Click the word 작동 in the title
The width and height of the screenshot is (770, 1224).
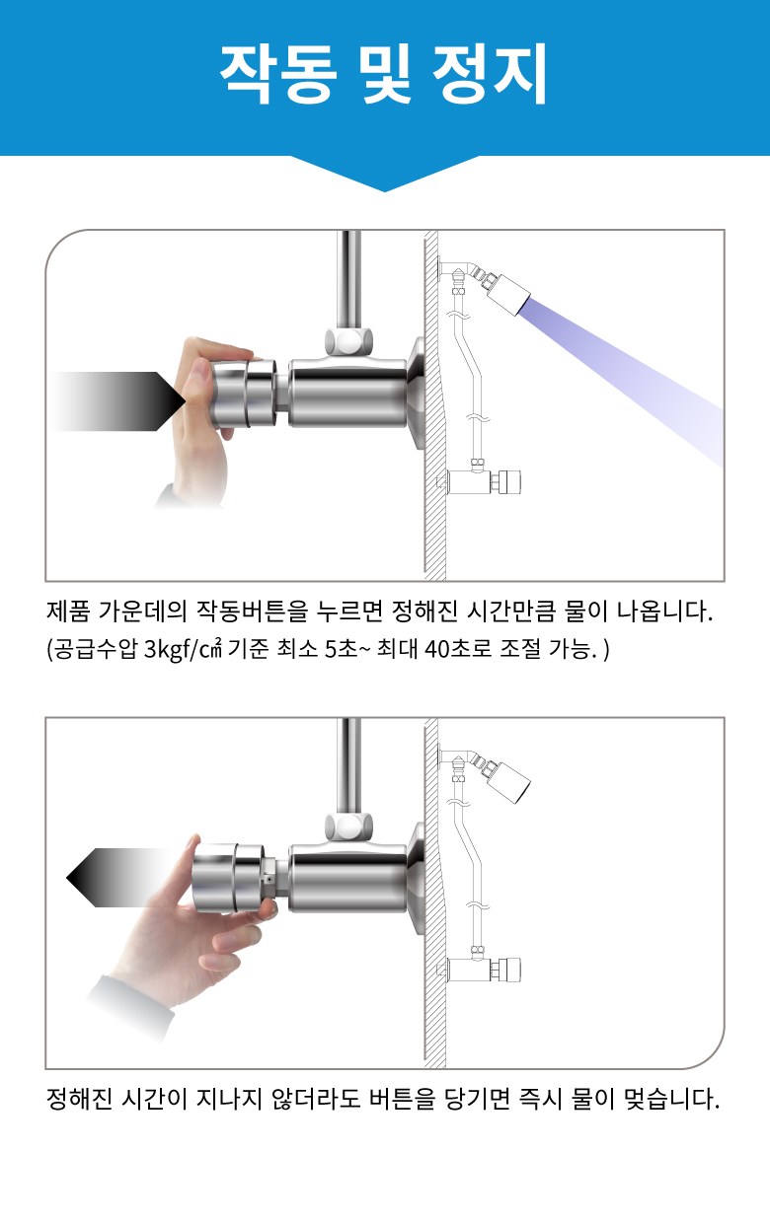pos(277,74)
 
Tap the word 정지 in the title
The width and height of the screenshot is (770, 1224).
pos(490,74)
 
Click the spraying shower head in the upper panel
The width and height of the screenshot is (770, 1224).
pos(508,294)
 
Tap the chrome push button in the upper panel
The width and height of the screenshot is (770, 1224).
pos(244,394)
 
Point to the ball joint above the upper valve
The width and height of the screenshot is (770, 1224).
pos(348,341)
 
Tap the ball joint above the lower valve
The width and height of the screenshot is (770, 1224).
pos(348,828)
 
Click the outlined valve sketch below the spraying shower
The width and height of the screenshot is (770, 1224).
pos(482,481)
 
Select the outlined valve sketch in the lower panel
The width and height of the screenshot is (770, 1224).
pos(482,968)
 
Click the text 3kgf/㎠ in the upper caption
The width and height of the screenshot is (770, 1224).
pos(183,649)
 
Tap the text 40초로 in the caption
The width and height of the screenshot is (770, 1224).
pos(458,649)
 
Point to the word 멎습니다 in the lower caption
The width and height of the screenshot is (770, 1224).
pos(671,1099)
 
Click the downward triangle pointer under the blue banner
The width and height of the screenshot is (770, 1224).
pos(384,174)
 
